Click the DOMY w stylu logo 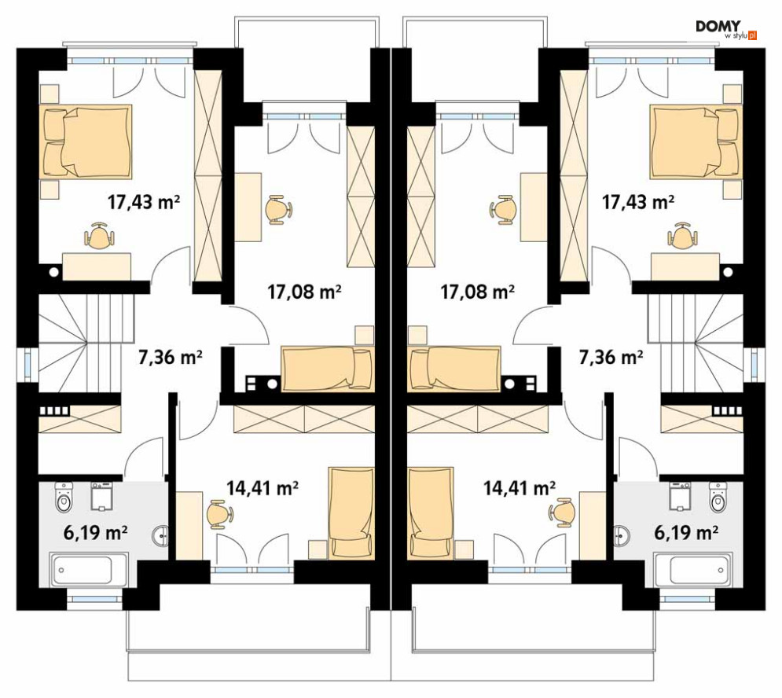tap(726, 29)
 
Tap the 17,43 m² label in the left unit tap(144, 202)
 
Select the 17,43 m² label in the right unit tap(638, 202)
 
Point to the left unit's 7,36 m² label tap(170, 357)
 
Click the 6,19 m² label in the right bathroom tap(686, 532)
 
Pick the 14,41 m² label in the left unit tap(263, 487)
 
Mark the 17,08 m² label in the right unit tap(477, 292)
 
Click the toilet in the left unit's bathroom tap(64, 497)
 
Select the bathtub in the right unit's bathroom tap(694, 569)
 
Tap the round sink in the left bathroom tap(160, 536)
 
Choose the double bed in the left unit tap(88, 141)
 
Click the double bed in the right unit tap(694, 141)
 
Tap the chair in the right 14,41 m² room tap(563, 512)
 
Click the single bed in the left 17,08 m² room tap(327, 369)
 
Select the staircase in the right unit tap(696, 343)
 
